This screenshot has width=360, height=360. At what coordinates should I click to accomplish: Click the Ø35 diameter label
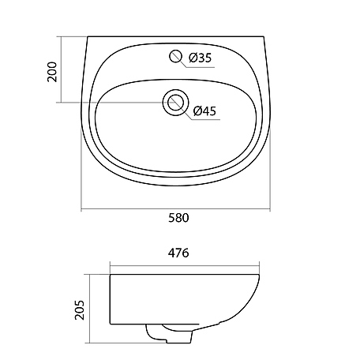point(200,58)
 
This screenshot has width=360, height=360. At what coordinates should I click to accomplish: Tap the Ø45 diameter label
point(204,111)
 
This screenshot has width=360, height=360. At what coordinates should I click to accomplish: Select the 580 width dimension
point(178,218)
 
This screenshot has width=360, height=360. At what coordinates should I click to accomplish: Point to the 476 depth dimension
point(178,253)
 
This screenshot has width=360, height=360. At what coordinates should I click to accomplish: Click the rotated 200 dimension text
point(52,72)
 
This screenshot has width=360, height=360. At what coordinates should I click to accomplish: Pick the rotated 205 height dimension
point(80,310)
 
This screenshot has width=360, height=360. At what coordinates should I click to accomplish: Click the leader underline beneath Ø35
point(201,67)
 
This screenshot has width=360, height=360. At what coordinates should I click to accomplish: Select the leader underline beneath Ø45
point(205,120)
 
